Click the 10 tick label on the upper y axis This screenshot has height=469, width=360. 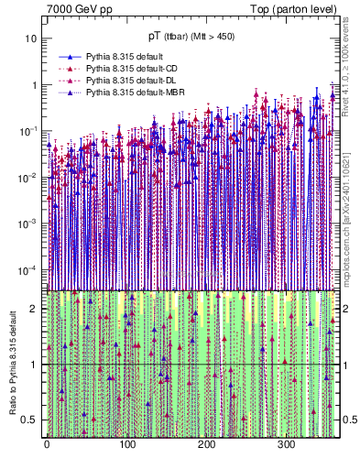tap(30, 39)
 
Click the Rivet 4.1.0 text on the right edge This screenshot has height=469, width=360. tap(348, 73)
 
